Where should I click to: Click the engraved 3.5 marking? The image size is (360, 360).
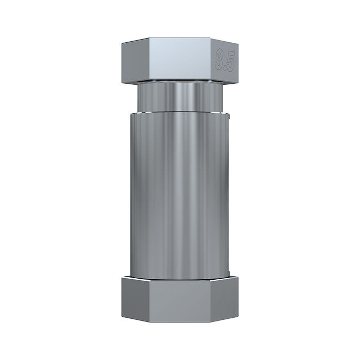[x=225, y=60]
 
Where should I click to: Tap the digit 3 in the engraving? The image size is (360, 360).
[x=221, y=60]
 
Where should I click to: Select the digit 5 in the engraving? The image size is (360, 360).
[x=230, y=61]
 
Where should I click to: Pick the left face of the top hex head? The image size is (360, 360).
[x=130, y=61]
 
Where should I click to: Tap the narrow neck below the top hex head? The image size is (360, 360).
[x=180, y=98]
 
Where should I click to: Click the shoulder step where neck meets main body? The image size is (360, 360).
[x=180, y=112]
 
